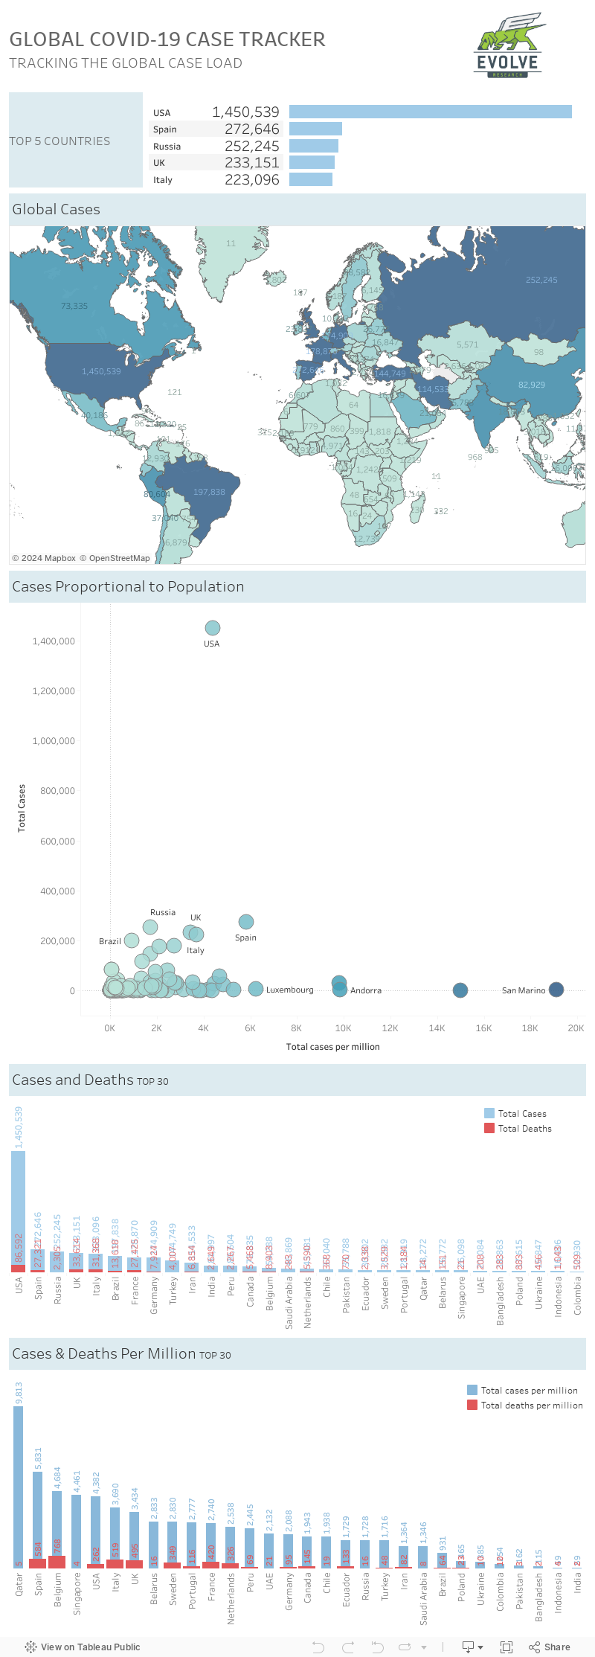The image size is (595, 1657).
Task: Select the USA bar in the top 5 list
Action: (x=430, y=112)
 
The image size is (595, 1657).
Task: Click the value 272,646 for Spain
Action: (x=251, y=129)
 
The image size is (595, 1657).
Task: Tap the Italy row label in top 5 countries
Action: (x=163, y=180)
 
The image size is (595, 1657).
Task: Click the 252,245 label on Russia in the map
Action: (x=541, y=281)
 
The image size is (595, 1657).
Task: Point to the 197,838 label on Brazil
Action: (x=209, y=492)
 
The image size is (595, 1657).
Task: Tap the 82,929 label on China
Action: (x=531, y=385)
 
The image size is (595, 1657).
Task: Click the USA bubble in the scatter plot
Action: (x=212, y=628)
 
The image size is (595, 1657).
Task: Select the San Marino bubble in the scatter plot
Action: (x=556, y=990)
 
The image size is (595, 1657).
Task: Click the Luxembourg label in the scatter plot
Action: (x=289, y=990)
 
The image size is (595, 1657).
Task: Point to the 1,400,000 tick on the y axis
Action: (x=54, y=641)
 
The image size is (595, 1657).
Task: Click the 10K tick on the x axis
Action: (x=343, y=1028)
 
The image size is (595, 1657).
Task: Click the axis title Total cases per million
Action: (x=332, y=1047)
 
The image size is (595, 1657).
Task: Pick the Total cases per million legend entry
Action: (x=529, y=1391)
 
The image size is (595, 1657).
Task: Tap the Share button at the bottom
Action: (x=550, y=1647)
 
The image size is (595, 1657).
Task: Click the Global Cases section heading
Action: (x=57, y=210)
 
